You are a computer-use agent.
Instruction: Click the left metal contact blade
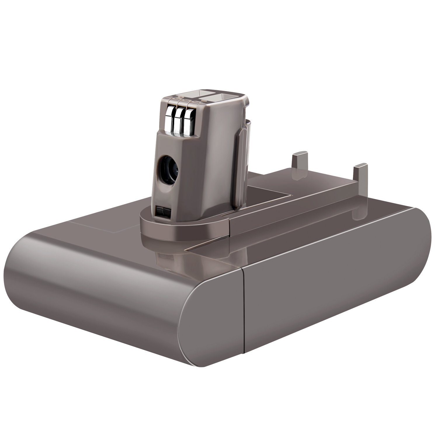[169, 120]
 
